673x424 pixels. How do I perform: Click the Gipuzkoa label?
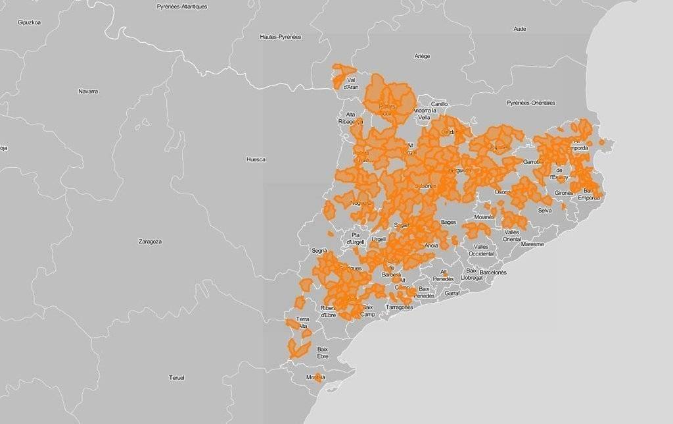[x=30, y=22]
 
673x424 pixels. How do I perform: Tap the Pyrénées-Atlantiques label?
[x=182, y=7]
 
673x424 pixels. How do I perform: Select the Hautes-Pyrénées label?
[x=280, y=37]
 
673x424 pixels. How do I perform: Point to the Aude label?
[x=519, y=29]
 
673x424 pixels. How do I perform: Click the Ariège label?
[x=422, y=57]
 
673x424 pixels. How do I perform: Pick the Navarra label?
[x=88, y=91]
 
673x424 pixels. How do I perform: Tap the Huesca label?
[x=256, y=159]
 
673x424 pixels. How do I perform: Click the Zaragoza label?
[x=150, y=242]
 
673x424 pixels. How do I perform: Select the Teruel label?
[x=177, y=377]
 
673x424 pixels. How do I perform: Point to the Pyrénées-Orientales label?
[x=530, y=103]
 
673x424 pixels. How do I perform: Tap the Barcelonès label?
[x=493, y=272]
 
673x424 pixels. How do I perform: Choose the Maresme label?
[x=532, y=244]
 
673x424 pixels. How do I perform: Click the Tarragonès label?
[x=400, y=307]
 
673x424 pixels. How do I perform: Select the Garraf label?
[x=452, y=293]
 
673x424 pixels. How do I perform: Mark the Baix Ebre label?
[x=323, y=352]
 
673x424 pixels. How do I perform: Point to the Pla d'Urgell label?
[x=359, y=238]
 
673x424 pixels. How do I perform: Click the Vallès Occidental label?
[x=481, y=250]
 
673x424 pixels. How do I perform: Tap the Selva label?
[x=545, y=211]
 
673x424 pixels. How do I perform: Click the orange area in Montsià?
[x=318, y=377]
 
